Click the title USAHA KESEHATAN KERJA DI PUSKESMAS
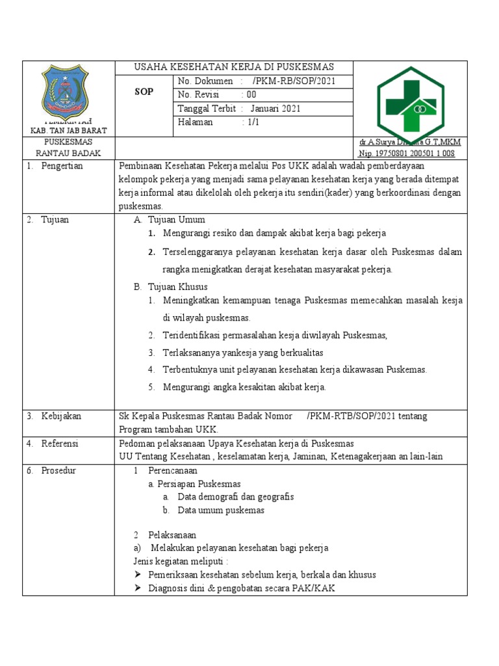pos(233,67)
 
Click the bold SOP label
pos(144,92)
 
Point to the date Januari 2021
pos(275,109)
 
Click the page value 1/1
pos(251,122)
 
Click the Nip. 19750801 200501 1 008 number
pos(407,153)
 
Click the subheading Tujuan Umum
pos(176,219)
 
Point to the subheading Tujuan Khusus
pos(177,287)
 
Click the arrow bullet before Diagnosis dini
pos(138,589)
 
